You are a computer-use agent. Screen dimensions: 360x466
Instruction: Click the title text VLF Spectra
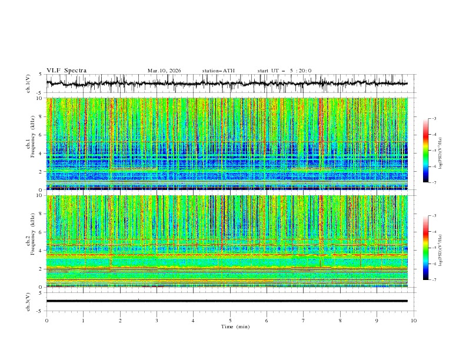(x=66, y=71)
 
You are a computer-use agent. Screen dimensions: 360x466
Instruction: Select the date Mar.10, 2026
(x=164, y=71)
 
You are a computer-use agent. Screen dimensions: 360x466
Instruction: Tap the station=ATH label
(x=218, y=71)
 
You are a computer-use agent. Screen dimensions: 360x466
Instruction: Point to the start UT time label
(x=284, y=71)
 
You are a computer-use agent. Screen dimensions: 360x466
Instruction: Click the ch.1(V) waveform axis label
(x=29, y=84)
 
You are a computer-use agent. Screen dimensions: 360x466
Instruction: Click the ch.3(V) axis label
(x=29, y=301)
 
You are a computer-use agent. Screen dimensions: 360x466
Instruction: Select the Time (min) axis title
(x=230, y=326)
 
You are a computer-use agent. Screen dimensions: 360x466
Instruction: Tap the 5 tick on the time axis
(x=230, y=320)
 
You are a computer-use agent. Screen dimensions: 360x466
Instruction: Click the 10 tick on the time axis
(x=414, y=320)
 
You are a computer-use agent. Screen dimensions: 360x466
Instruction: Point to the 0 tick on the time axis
(x=46, y=320)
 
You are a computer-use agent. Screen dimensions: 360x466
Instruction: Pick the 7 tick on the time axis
(x=304, y=320)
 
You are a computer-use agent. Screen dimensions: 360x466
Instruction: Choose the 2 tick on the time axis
(x=120, y=320)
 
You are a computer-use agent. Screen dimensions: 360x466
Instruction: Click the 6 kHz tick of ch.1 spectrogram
(x=40, y=135)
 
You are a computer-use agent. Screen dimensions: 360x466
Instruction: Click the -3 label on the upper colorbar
(x=434, y=119)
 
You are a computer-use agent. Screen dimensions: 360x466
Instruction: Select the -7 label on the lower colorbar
(x=434, y=280)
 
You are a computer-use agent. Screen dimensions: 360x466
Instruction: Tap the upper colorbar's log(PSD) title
(x=440, y=151)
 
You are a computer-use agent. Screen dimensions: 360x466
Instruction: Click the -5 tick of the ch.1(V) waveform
(x=40, y=93)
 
